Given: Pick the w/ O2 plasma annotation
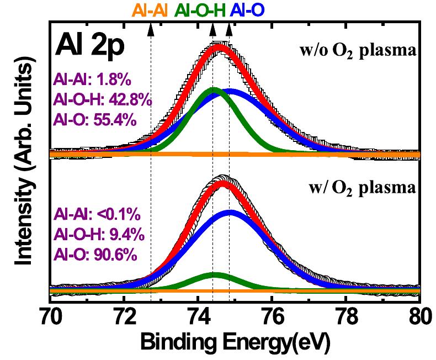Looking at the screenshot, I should click(362, 188).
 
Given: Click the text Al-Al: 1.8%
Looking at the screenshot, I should click(92, 81).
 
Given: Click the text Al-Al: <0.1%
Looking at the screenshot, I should click(95, 214).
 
